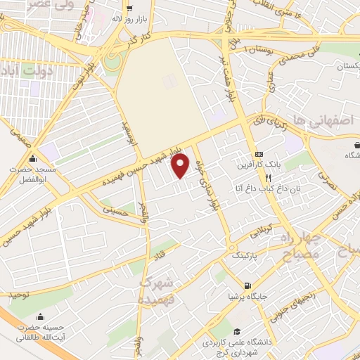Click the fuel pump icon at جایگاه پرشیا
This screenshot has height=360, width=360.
click(x=247, y=285)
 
